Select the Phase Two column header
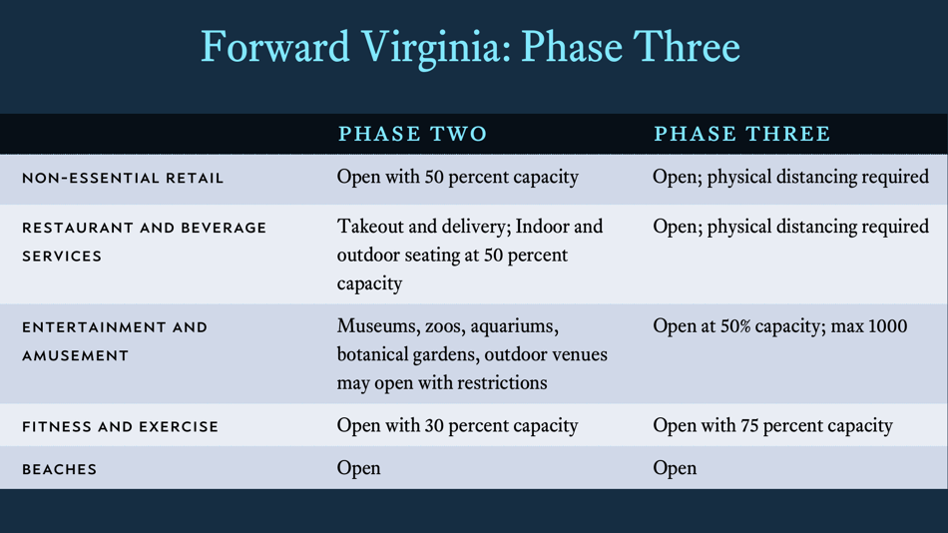tap(412, 134)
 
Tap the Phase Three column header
tap(741, 134)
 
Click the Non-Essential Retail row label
tap(123, 179)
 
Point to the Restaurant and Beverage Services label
tap(144, 242)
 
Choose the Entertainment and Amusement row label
tap(115, 340)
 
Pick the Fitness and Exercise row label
tap(120, 427)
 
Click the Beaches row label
tap(60, 469)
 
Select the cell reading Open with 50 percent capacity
tap(457, 178)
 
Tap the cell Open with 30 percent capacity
tap(457, 426)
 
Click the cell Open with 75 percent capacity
tap(772, 426)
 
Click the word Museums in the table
tap(375, 326)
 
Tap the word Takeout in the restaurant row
tap(372, 227)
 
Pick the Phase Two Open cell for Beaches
tap(358, 468)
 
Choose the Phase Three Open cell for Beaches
tap(675, 468)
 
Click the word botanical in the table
tap(376, 354)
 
